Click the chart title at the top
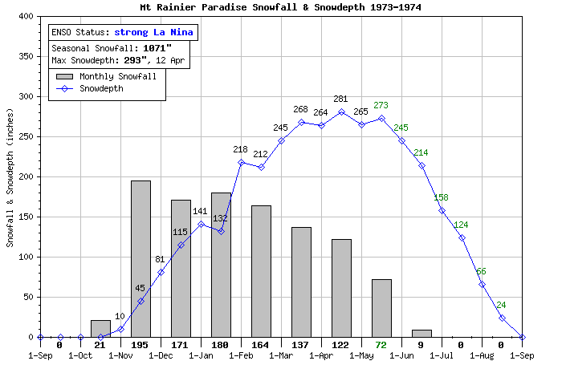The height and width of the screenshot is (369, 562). [x=280, y=7]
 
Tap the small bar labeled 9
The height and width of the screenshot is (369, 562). [x=421, y=333]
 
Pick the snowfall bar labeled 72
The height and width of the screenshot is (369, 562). [x=381, y=308]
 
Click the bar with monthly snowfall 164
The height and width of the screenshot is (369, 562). [x=261, y=271]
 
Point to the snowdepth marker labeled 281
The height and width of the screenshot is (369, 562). [x=341, y=112]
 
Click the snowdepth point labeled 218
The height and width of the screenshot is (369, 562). [x=241, y=162]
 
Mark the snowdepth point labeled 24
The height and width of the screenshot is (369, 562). [x=502, y=318]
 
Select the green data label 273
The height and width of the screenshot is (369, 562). [x=381, y=105]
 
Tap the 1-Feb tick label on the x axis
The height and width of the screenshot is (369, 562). [x=241, y=355]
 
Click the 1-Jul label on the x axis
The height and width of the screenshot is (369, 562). [x=442, y=355]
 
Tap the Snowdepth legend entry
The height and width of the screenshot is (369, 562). [x=101, y=89]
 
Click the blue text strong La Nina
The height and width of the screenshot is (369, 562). [x=153, y=33]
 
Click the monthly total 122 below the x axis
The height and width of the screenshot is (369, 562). [x=341, y=344]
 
